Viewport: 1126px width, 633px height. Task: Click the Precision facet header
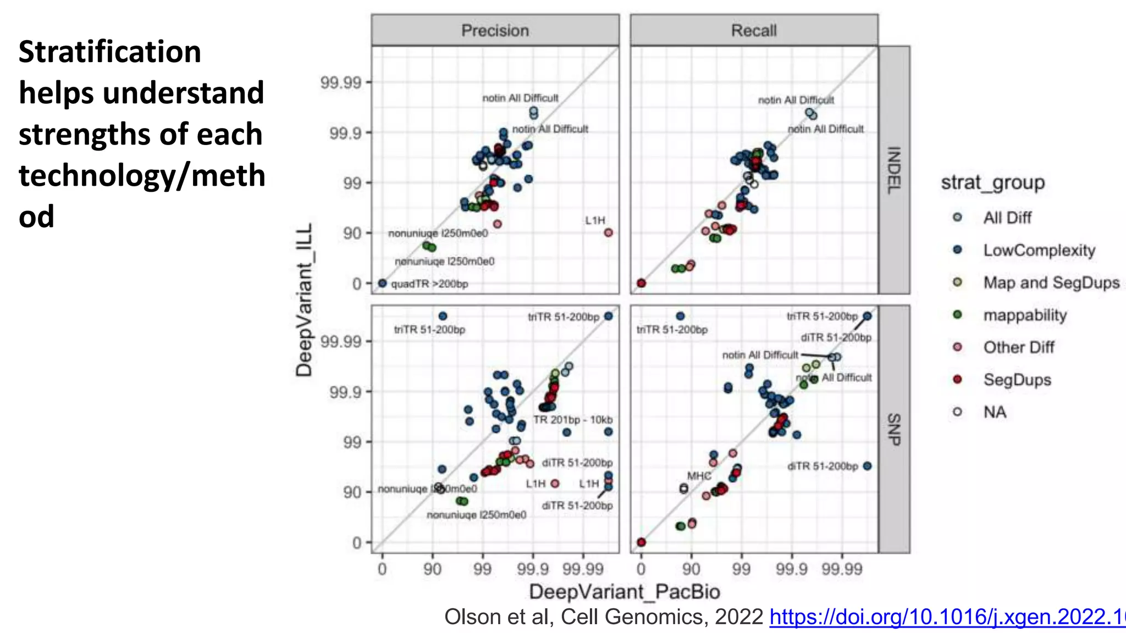[495, 30]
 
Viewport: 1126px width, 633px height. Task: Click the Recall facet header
[754, 30]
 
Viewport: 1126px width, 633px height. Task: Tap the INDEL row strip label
[894, 170]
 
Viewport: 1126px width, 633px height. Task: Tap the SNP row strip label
[894, 429]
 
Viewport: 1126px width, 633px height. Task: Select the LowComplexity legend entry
[1039, 251]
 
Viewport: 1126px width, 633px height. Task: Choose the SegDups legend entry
[1017, 380]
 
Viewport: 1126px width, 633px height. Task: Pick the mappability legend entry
[1024, 315]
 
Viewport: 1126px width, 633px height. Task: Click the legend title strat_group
[992, 182]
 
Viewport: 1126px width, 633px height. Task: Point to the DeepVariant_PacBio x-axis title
[624, 592]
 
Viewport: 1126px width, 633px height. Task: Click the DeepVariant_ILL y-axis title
[304, 299]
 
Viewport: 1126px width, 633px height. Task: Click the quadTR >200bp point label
[429, 284]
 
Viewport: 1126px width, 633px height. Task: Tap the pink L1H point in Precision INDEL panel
[608, 233]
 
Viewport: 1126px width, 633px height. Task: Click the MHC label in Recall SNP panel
[699, 476]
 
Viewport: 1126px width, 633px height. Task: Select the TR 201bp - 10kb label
[572, 420]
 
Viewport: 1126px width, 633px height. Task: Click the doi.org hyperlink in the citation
[947, 617]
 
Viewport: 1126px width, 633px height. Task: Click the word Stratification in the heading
[110, 52]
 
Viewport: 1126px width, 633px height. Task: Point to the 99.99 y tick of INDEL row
[341, 83]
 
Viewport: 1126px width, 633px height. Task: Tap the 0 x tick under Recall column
[641, 569]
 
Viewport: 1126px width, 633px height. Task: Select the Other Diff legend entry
[1018, 348]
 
